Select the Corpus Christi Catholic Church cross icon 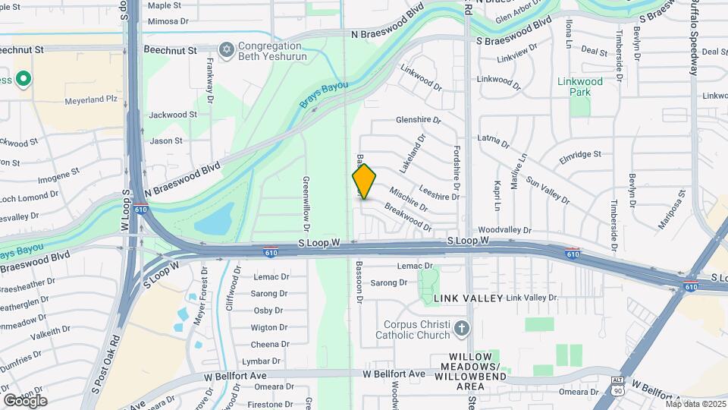point(462,329)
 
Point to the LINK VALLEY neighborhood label point(469,298)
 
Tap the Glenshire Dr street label point(418,120)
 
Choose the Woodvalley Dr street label point(505,229)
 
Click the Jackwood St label point(173,115)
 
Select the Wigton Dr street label point(269,327)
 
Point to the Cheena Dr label point(270,344)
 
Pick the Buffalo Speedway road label point(693,38)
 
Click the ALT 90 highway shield point(618,383)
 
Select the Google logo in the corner point(25,400)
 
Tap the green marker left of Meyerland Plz point(24,78)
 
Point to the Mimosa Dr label point(168,21)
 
